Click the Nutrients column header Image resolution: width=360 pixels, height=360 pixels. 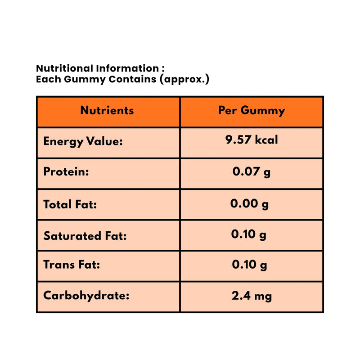tap(107, 110)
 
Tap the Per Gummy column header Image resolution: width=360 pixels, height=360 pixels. tap(252, 111)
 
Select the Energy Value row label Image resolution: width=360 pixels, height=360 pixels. tap(83, 142)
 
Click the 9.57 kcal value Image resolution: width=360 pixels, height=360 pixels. tap(252, 140)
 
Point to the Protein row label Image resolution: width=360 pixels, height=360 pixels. tap(66, 172)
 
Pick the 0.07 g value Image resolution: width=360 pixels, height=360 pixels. tap(252, 172)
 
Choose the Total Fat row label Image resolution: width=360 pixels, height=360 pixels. tap(70, 204)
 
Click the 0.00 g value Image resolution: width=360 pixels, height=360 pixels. tap(249, 204)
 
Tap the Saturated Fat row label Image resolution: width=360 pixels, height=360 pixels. tap(85, 235)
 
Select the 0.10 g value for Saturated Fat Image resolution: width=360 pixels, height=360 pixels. tap(249, 234)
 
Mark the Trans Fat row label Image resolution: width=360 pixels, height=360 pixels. tap(72, 265)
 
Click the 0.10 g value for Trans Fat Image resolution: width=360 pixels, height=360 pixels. tap(249, 265)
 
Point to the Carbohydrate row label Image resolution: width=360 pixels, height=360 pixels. tap(86, 296)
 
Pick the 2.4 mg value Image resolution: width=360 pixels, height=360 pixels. tap(252, 296)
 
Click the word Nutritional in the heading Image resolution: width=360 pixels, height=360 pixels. tap(64, 68)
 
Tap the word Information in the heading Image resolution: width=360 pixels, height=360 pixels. tap(126, 68)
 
